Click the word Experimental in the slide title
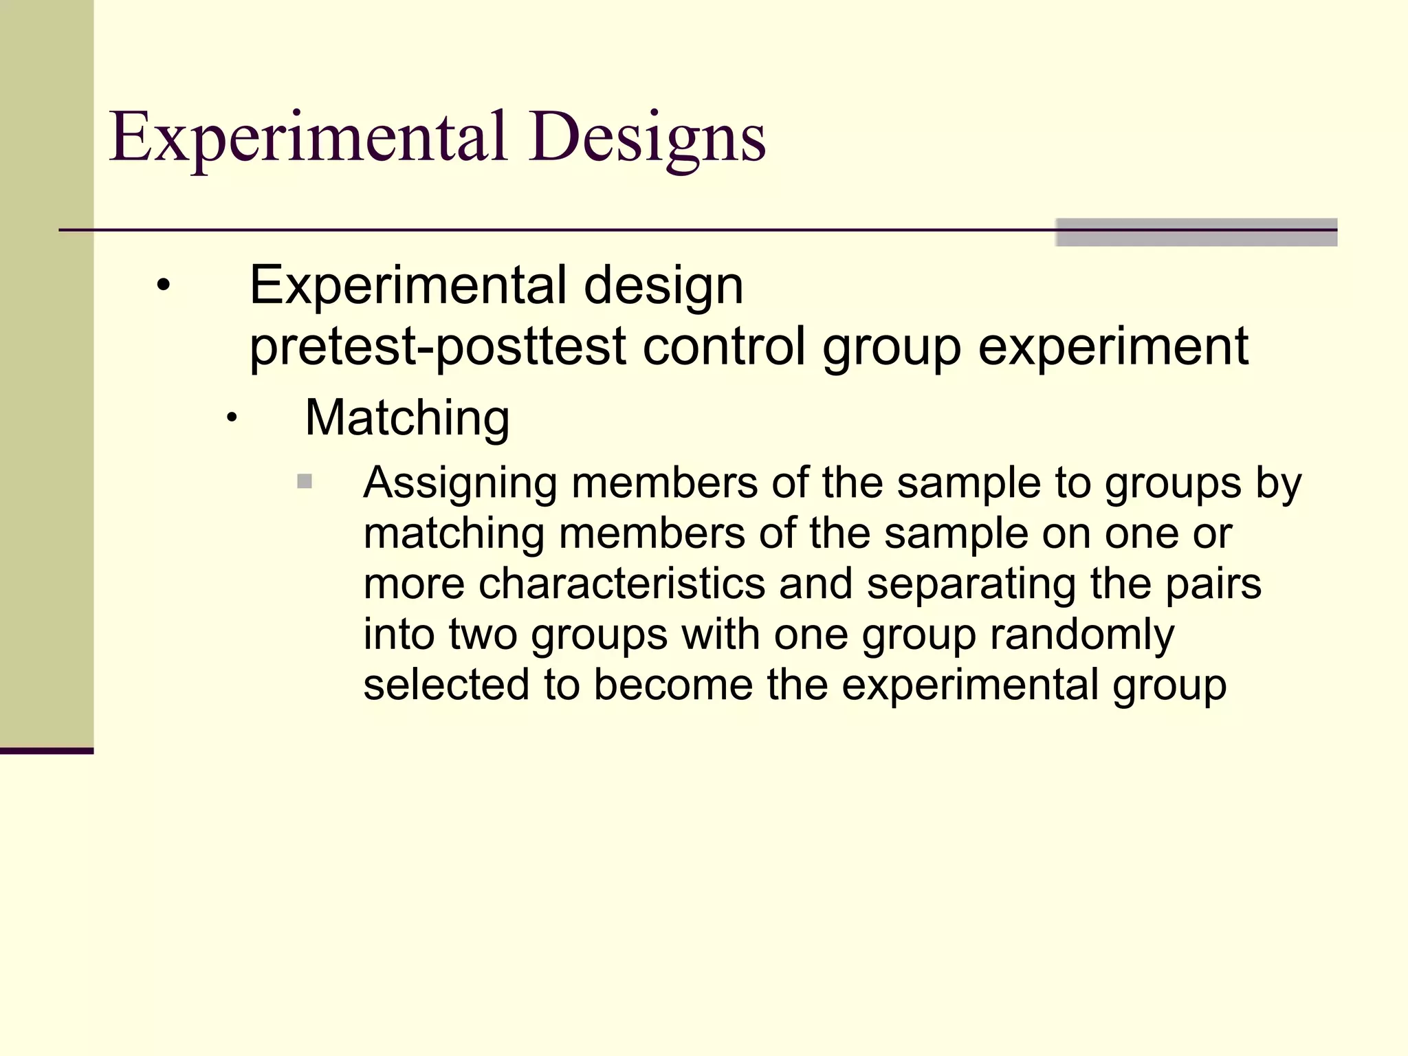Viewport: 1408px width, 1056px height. pyautogui.click(x=308, y=137)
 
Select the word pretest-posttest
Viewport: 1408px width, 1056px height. pyautogui.click(x=437, y=346)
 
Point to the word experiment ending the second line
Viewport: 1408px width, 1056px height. pyautogui.click(x=1112, y=346)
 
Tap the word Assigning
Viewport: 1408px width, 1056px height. pyautogui.click(x=459, y=483)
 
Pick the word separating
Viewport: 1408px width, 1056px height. pyautogui.click(x=971, y=584)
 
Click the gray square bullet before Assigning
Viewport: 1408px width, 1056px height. pyautogui.click(x=305, y=481)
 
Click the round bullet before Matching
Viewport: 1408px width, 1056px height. pyautogui.click(x=232, y=417)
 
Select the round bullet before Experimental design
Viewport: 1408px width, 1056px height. pyautogui.click(x=163, y=285)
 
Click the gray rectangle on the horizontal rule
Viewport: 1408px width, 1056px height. pyautogui.click(x=1196, y=232)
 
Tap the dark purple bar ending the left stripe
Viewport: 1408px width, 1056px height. pyautogui.click(x=46, y=751)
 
